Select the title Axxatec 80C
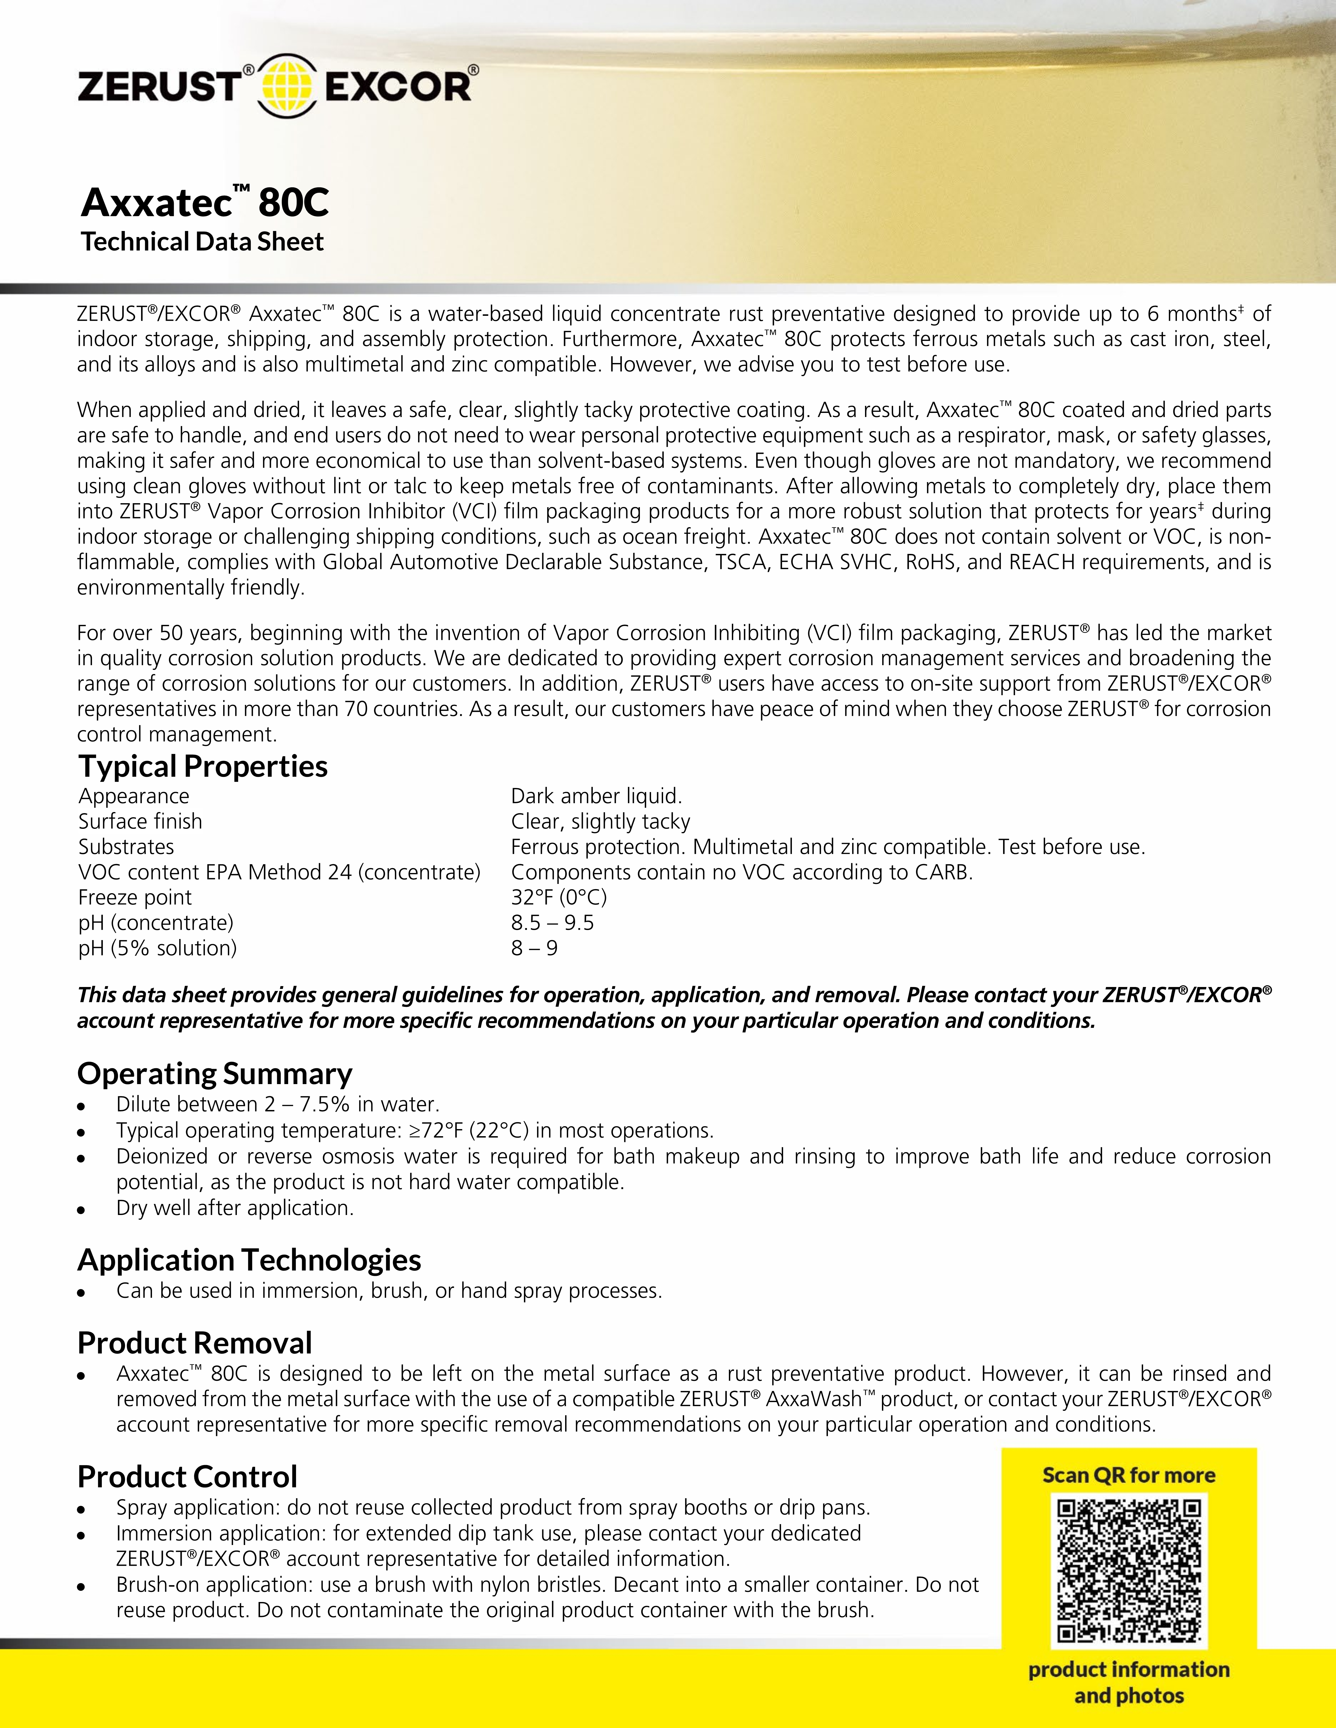tap(204, 203)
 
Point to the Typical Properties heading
tap(203, 766)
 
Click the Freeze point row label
tap(135, 897)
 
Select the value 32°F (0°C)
tap(559, 897)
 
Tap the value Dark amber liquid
tap(596, 796)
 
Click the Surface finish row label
tap(140, 821)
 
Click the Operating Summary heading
tap(214, 1074)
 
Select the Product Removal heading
tap(195, 1343)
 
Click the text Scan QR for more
tap(1129, 1475)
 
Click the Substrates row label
tap(126, 847)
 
